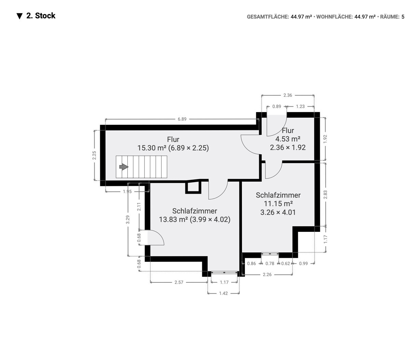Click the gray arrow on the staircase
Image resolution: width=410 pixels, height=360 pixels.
click(124, 167)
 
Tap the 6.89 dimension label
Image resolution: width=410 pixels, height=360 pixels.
click(182, 119)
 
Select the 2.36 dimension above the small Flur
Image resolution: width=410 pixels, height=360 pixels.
click(288, 95)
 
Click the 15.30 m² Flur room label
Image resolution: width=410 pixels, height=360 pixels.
click(173, 144)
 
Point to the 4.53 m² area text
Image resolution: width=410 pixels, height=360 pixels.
click(288, 139)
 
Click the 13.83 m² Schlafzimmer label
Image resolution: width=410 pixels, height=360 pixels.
click(194, 215)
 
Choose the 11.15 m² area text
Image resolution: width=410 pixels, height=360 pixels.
click(278, 203)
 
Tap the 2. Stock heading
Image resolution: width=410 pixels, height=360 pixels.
click(41, 16)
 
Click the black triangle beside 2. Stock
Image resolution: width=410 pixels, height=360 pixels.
click(19, 16)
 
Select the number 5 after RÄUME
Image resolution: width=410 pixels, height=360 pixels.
click(403, 17)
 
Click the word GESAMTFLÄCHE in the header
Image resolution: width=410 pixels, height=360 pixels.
click(268, 17)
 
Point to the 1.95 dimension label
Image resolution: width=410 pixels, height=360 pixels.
click(127, 191)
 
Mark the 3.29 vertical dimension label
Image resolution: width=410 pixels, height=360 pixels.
click(128, 219)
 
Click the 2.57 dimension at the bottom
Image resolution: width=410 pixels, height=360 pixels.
click(179, 282)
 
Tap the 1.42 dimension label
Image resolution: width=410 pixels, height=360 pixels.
click(223, 293)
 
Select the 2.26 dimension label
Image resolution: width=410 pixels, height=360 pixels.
click(267, 274)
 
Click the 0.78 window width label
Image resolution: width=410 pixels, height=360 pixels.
click(270, 264)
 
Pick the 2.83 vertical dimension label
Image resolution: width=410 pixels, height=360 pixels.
click(325, 195)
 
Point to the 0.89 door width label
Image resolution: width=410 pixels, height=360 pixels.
click(276, 106)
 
